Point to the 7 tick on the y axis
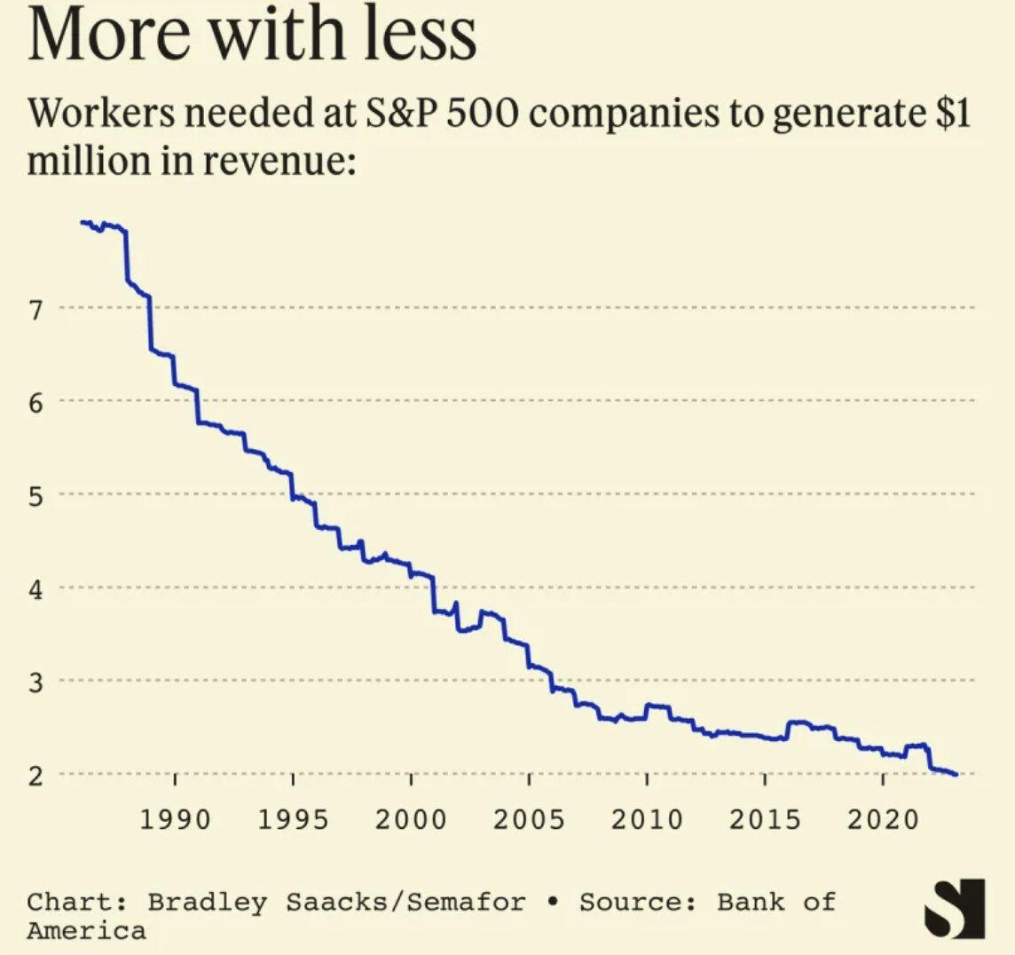(x=36, y=309)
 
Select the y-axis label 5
(x=36, y=495)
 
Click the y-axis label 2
(x=36, y=775)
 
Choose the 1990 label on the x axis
(x=175, y=818)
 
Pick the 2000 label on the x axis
(x=410, y=818)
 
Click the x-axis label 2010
(x=647, y=818)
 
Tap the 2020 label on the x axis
(x=883, y=818)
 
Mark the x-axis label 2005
(x=529, y=818)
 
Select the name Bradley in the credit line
(x=207, y=903)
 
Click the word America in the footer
(x=86, y=931)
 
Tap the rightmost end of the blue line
(x=956, y=775)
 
